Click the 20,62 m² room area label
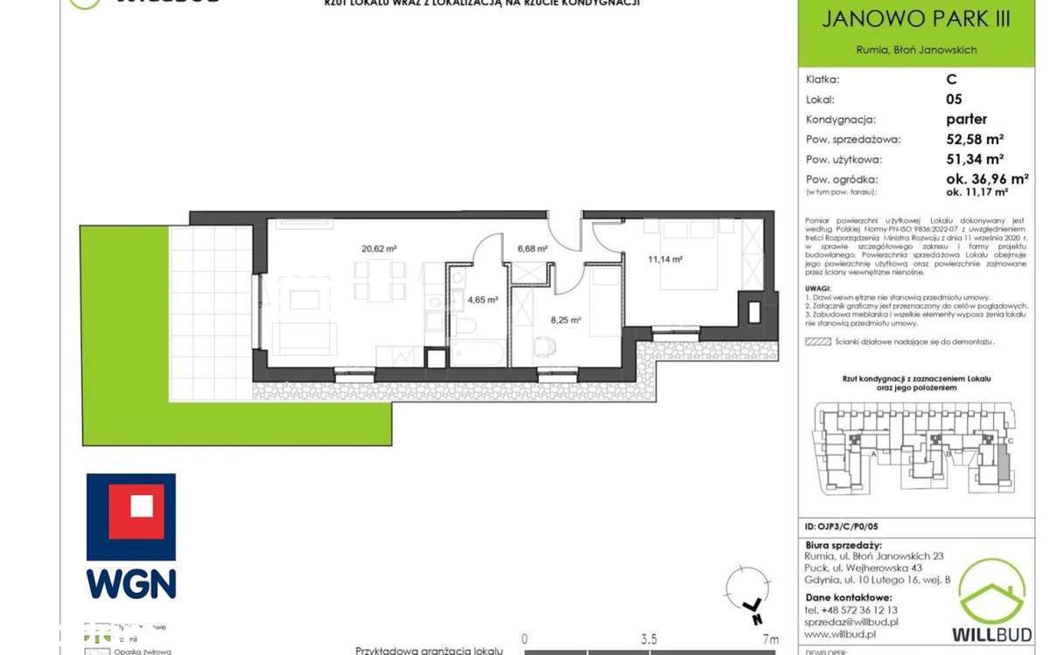click(x=379, y=248)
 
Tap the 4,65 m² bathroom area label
click(x=482, y=299)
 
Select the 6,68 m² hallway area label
click(x=532, y=248)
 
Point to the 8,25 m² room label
click(x=565, y=320)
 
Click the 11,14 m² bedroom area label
click(x=665, y=259)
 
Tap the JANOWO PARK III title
click(x=915, y=19)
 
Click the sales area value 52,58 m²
click(x=974, y=139)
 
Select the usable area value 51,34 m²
click(x=974, y=159)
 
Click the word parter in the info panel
click(x=966, y=119)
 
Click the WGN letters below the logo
click(x=131, y=583)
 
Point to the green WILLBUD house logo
click(x=991, y=592)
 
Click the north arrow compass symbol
click(x=748, y=595)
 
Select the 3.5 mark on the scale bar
click(x=648, y=639)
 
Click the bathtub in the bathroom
click(x=478, y=353)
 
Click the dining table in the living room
click(x=380, y=281)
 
